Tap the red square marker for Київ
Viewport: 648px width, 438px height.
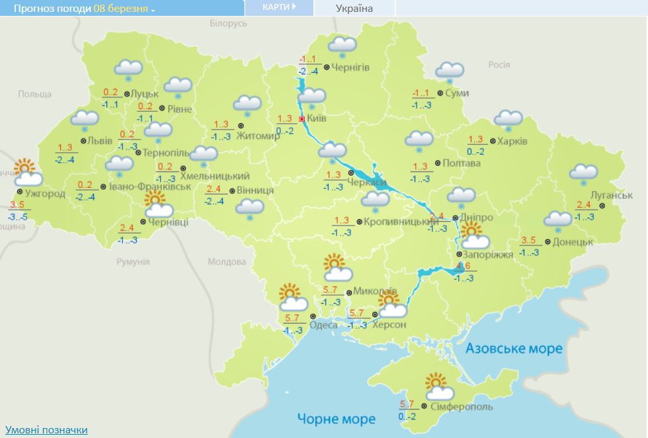[302, 119]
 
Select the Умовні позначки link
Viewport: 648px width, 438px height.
[46, 430]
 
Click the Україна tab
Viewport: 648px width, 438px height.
[354, 8]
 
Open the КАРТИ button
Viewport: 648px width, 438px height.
[278, 7]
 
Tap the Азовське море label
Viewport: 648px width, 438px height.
[514, 348]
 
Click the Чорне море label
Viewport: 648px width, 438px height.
[336, 419]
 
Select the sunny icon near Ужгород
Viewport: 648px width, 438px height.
[27, 173]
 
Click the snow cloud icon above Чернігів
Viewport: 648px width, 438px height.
[343, 46]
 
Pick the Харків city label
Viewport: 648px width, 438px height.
[513, 141]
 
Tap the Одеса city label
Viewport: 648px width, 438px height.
[323, 324]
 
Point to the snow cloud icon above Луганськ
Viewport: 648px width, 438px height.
[584, 174]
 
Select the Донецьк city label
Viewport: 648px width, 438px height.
[573, 241]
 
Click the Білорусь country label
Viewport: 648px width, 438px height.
[228, 23]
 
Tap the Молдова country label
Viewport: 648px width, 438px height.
[227, 261]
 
